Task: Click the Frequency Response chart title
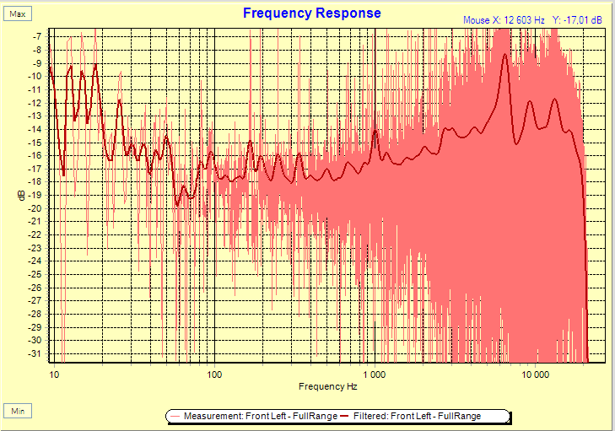(x=311, y=13)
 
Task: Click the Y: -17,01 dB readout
(x=577, y=19)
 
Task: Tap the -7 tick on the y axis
(x=37, y=36)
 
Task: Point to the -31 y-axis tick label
(x=35, y=353)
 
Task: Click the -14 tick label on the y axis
(x=35, y=129)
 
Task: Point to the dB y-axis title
(x=22, y=196)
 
